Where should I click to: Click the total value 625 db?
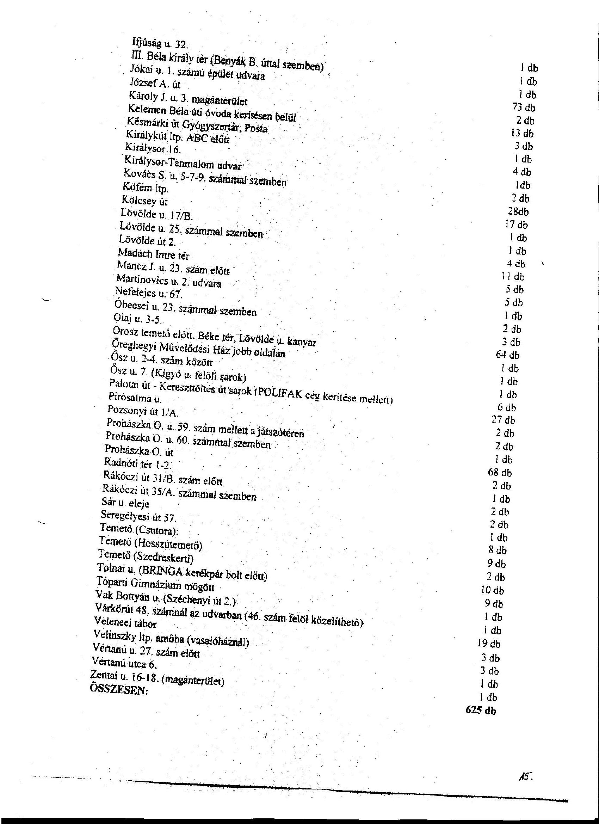[480, 711]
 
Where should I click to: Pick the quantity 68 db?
[500, 472]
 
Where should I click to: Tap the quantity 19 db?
[489, 644]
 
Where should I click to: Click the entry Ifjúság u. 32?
[160, 44]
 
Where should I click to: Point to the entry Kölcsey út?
[144, 200]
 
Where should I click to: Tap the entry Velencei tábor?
[125, 623]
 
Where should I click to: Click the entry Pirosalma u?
[135, 398]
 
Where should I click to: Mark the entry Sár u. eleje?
[125, 503]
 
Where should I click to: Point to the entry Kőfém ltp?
[145, 187]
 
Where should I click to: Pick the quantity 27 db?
[503, 420]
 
